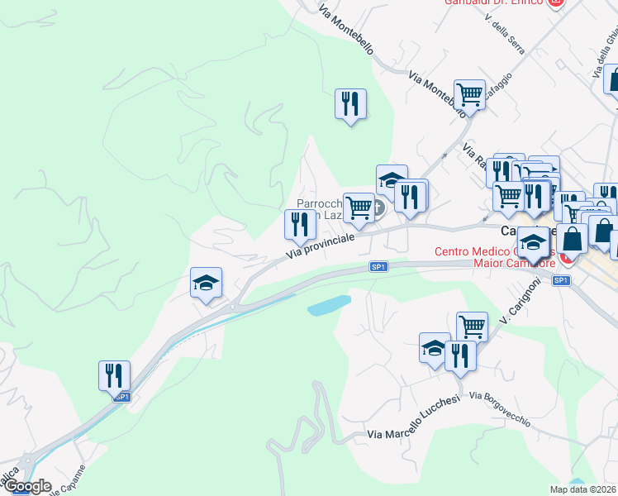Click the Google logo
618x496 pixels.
[x=26, y=486]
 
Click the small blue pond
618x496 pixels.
[x=329, y=305]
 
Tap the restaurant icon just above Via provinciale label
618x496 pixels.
[x=300, y=223]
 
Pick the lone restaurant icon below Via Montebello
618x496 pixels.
[x=350, y=103]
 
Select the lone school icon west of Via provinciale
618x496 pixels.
[x=206, y=284]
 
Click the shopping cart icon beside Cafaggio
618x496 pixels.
[x=469, y=95]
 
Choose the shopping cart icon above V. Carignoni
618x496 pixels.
[x=471, y=326]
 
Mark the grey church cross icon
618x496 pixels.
[x=378, y=208]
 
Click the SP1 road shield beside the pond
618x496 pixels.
[x=378, y=267]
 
